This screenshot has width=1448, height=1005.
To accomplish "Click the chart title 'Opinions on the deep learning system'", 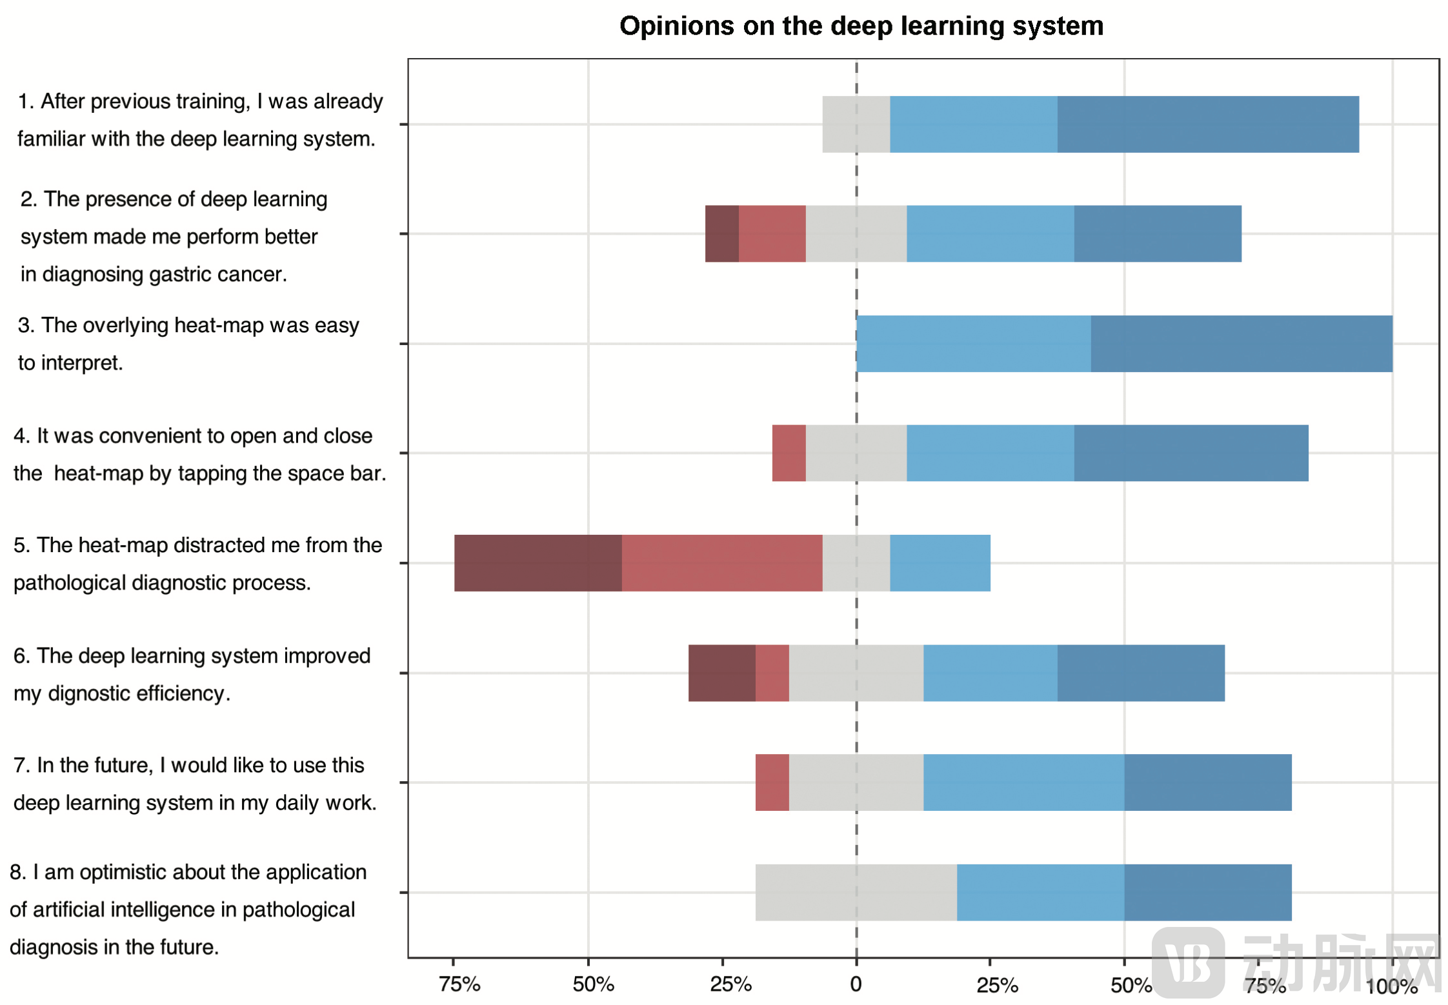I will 861,26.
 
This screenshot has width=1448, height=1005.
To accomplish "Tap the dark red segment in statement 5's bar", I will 538,562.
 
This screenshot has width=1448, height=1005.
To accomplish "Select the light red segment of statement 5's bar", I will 721,562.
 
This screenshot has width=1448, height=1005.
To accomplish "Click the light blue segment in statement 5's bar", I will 940,562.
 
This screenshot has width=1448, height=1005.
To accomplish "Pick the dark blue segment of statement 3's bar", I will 1241,343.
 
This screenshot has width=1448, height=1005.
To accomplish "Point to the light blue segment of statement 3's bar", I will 973,343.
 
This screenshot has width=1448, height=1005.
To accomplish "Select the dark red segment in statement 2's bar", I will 721,234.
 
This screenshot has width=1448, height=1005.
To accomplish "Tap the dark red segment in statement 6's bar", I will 721,672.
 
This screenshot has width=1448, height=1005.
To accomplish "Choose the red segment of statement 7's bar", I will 772,782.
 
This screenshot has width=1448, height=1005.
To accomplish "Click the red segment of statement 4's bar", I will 789,453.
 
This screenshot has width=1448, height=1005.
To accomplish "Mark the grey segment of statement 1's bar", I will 856,124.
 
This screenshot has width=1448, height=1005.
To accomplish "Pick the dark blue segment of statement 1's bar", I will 1207,124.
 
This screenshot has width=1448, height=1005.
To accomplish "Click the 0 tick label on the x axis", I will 856,984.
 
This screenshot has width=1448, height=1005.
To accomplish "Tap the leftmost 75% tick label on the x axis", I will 459,984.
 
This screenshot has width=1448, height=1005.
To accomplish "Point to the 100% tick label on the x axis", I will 1391,986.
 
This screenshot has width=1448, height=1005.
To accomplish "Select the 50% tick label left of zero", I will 593,984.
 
